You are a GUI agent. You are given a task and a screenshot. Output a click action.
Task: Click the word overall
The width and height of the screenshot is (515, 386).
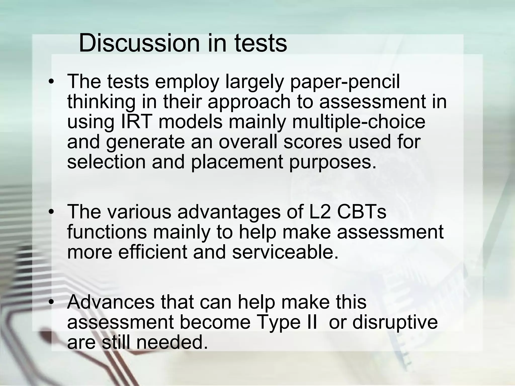click(248, 142)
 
